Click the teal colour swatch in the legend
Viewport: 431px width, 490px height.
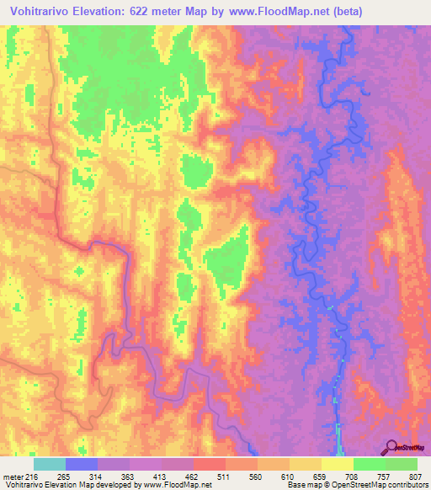pyautogui.click(x=50, y=465)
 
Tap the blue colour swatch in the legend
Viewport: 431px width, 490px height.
pyautogui.click(x=82, y=465)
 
